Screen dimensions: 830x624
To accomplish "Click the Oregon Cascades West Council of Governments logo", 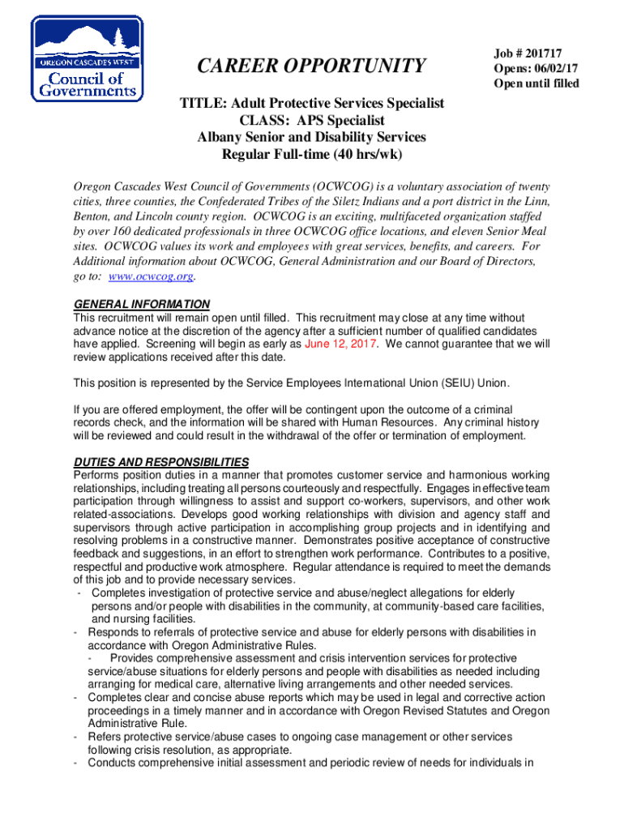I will click(x=86, y=59).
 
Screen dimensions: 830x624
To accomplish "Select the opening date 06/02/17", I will click(x=553, y=67).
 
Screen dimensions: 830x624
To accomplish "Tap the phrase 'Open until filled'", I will click(x=536, y=83).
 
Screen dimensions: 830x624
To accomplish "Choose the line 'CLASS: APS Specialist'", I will click(x=312, y=121).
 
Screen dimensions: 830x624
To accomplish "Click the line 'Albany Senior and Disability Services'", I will click(x=312, y=138).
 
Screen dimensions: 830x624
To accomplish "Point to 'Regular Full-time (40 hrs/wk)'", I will click(x=312, y=155).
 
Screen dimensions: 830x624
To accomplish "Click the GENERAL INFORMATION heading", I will click(x=142, y=305).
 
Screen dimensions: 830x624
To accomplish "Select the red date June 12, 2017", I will click(x=342, y=344).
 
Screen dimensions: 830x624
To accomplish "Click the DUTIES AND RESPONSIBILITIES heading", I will click(x=160, y=462).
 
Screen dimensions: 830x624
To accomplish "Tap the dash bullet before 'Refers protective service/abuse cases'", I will click(x=75, y=737).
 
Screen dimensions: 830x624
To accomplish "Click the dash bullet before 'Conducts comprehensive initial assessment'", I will click(x=75, y=763).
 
